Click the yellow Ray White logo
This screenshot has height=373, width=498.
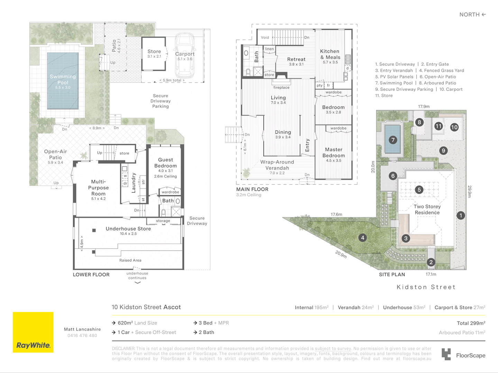(33, 332)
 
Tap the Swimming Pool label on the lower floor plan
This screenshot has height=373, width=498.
(63, 79)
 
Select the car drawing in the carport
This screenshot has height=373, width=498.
(185, 56)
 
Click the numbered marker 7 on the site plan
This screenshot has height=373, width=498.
(393, 140)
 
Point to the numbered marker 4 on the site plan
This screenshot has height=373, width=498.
(362, 238)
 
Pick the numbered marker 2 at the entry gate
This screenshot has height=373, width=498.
(431, 262)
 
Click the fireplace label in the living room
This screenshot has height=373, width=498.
(281, 87)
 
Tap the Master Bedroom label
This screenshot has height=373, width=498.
(333, 152)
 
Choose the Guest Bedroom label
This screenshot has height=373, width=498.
(165, 163)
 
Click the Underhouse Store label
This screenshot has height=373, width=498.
(128, 229)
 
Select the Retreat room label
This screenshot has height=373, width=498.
(296, 59)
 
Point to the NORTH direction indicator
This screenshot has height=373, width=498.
(473, 15)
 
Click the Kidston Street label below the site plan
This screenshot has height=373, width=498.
(426, 287)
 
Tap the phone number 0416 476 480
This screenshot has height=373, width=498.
(82, 335)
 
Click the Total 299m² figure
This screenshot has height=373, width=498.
(471, 323)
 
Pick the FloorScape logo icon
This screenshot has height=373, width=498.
(446, 354)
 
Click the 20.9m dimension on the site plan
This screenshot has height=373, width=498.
(341, 254)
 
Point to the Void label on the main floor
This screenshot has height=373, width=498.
(265, 37)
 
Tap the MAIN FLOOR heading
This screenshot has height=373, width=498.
(252, 189)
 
